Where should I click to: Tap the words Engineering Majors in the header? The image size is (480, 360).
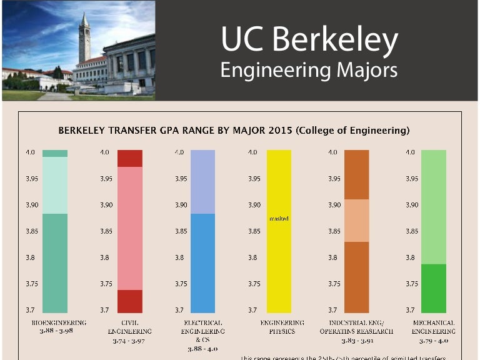pos(309,70)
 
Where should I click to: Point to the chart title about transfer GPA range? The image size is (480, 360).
pos(234,131)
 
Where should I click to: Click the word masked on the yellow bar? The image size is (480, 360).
pos(279,219)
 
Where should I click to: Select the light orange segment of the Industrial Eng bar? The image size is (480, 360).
pos(357,220)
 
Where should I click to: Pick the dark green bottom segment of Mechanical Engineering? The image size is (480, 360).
pos(434,288)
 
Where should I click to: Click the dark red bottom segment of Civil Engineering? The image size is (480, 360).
pos(130,301)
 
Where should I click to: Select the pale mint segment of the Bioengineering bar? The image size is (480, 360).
pos(55,185)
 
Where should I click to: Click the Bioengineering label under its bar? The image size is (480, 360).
pos(59,322)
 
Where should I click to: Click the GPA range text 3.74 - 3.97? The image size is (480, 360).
pos(129,341)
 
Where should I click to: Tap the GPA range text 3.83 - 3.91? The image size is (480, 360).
pos(357,341)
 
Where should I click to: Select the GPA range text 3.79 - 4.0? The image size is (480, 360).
pos(433,341)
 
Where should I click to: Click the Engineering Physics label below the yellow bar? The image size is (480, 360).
pos(282,326)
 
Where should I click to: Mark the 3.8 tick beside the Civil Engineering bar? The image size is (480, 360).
pos(106,257)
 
